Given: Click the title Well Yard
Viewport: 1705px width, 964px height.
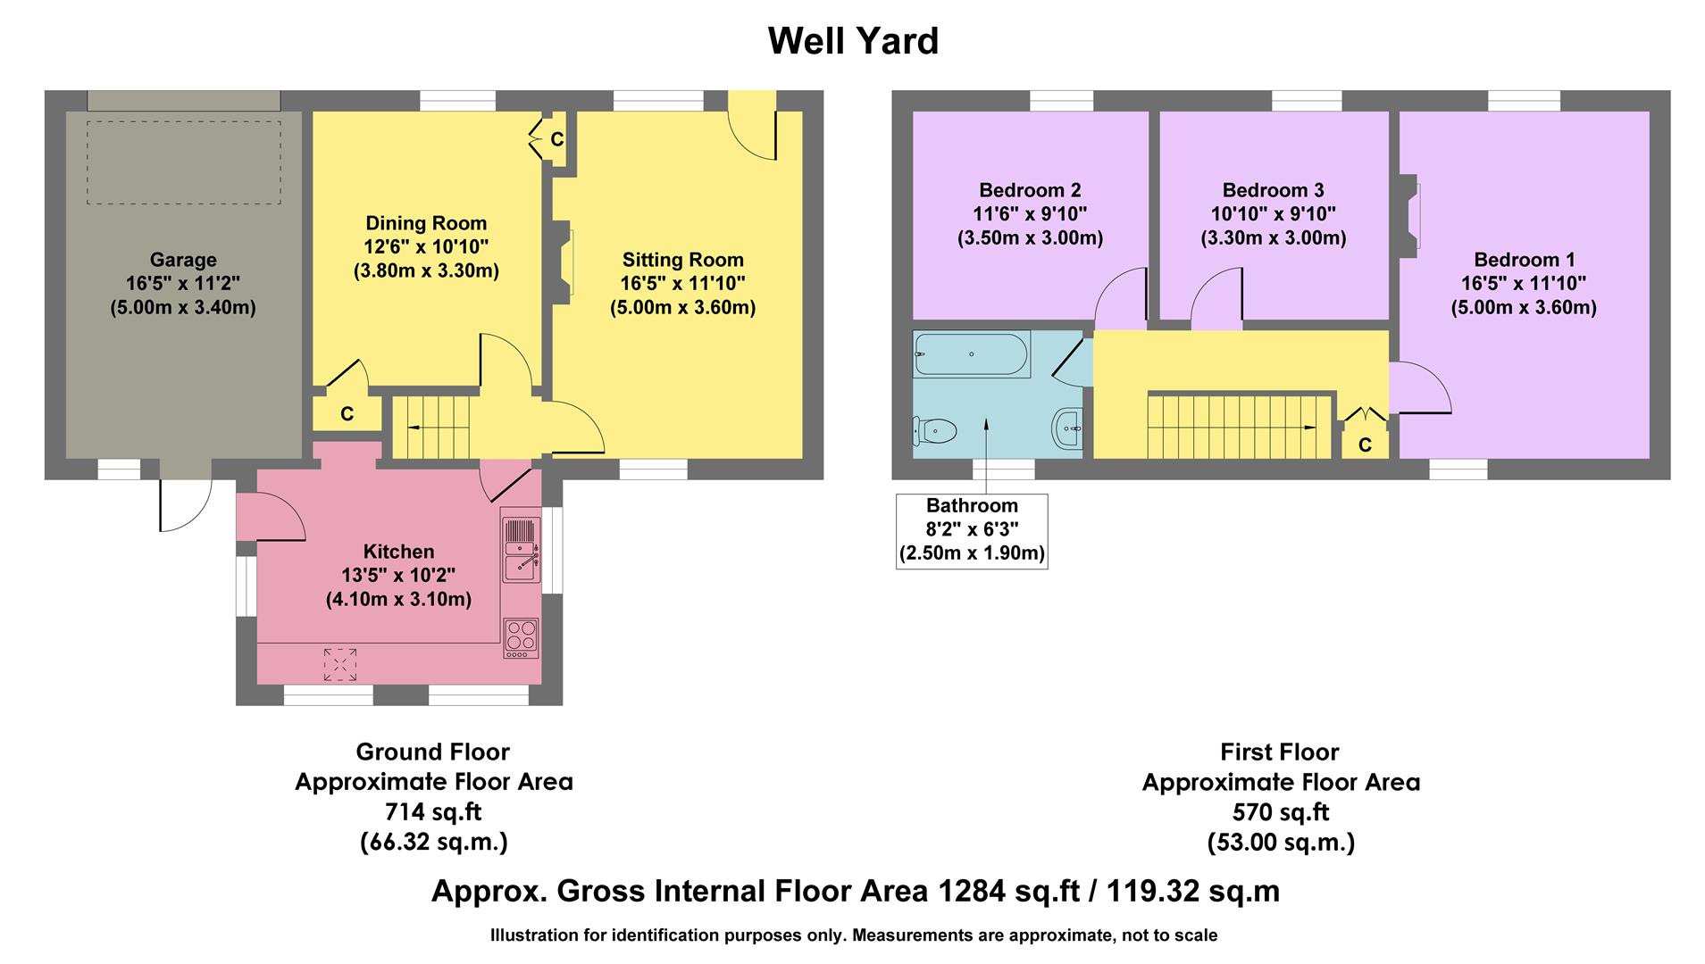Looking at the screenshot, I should pos(853,41).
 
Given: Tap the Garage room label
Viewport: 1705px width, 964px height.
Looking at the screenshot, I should pos(183,260).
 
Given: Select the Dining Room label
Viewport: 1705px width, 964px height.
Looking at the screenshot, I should pos(426,223).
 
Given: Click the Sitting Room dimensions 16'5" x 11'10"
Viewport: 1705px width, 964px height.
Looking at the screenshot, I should pos(683,284).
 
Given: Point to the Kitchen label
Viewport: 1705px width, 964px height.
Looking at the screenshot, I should pos(398,552).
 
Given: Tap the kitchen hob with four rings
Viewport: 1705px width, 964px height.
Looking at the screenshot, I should pos(521,637).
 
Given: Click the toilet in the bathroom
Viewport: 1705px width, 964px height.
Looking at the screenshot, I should pos(934,431).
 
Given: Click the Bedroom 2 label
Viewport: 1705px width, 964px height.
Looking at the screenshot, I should pos(1030,190).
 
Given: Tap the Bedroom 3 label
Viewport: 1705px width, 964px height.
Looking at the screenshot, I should pos(1273,190).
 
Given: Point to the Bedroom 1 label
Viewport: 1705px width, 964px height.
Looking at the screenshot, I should pos(1524,260).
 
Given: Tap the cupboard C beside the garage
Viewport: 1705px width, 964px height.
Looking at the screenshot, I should pos(347,414).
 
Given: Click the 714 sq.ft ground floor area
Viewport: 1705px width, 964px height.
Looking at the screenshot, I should pos(433,812).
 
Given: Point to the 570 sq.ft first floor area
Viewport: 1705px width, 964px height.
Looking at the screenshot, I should pos(1281,812).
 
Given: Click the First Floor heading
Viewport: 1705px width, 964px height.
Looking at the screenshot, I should pos(1280,752).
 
